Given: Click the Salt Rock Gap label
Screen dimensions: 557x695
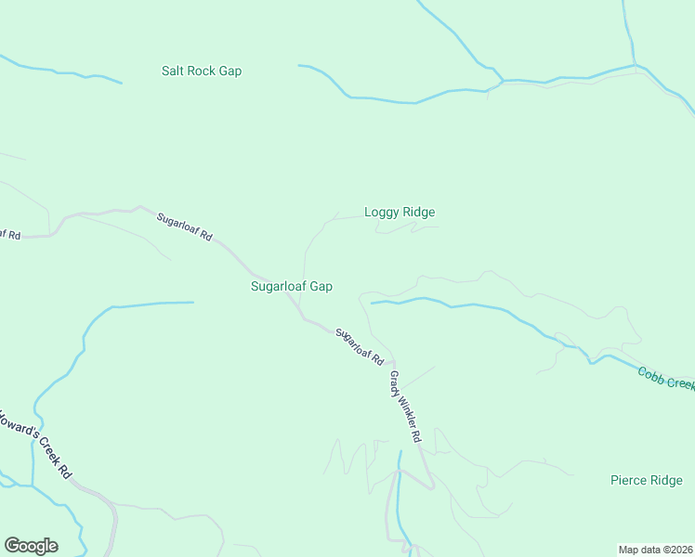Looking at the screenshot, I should click(x=201, y=71).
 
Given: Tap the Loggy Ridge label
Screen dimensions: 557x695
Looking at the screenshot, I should click(x=400, y=213).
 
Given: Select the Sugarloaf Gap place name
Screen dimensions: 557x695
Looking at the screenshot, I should click(x=292, y=287).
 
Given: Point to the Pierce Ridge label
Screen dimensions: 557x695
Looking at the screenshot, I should click(x=647, y=480).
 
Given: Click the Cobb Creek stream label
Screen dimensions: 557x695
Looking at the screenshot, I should click(x=665, y=378).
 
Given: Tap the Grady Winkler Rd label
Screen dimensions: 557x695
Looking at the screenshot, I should click(x=406, y=407).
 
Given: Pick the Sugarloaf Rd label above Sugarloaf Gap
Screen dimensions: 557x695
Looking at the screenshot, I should click(x=184, y=227).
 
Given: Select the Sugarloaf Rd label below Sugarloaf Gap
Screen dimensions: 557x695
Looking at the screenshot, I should click(x=361, y=345).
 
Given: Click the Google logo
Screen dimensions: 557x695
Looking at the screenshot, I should click(x=31, y=546).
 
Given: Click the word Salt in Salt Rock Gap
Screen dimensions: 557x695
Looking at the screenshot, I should click(x=173, y=71).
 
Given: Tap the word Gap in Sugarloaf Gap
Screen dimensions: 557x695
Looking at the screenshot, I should click(x=321, y=287).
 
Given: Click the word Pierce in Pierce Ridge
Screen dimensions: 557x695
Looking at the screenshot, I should click(x=628, y=480).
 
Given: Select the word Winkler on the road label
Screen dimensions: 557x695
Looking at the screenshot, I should click(x=406, y=409).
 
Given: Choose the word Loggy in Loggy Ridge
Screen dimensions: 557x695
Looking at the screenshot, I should click(x=381, y=213).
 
